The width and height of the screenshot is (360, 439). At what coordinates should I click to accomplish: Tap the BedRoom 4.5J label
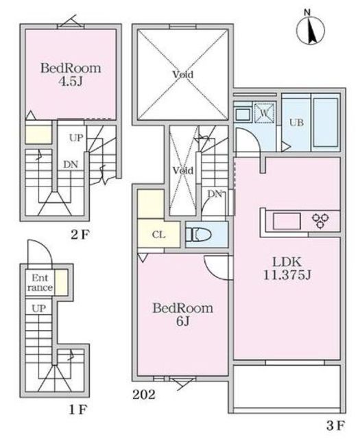click(x=71, y=75)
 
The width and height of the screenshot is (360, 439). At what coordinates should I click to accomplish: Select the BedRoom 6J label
click(x=182, y=314)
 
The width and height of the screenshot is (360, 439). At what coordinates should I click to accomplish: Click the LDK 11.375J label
click(x=287, y=269)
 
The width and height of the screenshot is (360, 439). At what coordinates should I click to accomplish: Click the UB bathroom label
click(x=296, y=123)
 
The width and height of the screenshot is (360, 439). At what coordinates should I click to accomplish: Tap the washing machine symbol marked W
click(x=264, y=112)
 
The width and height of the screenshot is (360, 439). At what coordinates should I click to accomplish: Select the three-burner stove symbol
click(x=320, y=220)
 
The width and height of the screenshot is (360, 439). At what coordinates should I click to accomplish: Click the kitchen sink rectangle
click(x=287, y=222)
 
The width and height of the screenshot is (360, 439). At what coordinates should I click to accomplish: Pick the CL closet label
click(x=158, y=235)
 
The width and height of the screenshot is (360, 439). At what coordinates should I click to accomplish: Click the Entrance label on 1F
click(x=40, y=283)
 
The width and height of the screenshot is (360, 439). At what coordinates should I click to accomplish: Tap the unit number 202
click(x=143, y=395)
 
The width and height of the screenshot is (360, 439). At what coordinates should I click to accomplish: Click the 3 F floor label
click(x=335, y=426)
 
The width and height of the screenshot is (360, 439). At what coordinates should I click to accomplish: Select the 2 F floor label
click(x=80, y=235)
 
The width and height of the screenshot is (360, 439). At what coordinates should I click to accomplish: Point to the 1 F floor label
click(x=78, y=410)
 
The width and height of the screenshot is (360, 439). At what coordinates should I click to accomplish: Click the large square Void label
click(x=182, y=75)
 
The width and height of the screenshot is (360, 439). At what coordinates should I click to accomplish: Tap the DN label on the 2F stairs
click(x=70, y=165)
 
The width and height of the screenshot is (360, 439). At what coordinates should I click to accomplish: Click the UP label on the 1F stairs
click(x=38, y=309)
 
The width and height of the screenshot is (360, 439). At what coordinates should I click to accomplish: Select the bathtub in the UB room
click(x=326, y=122)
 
